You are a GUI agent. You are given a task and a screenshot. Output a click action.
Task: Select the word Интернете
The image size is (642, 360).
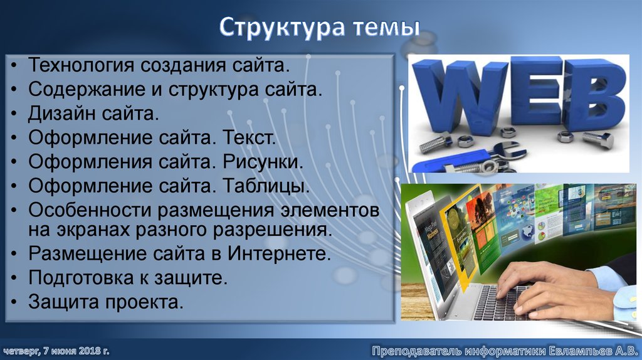click(x=287, y=254)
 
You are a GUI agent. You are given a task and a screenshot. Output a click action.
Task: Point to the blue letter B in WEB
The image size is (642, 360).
click(x=593, y=94)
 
